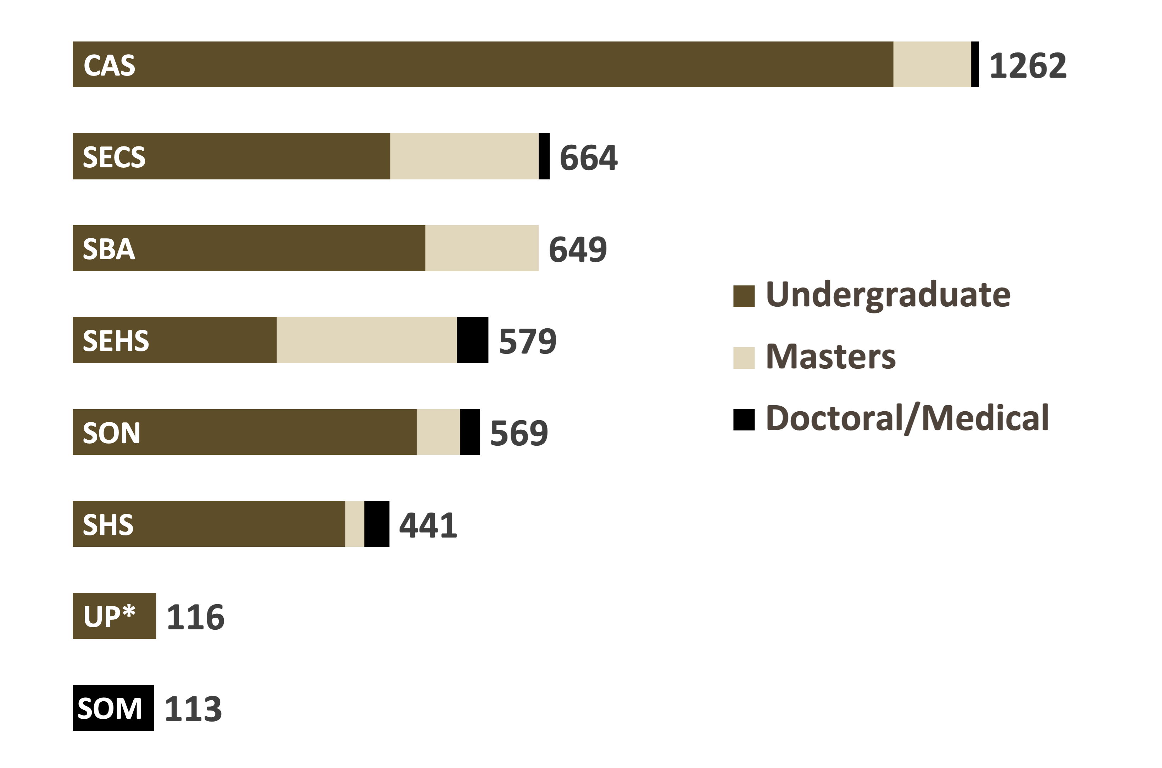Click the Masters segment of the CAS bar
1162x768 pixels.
point(932,64)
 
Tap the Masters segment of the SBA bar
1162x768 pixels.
point(482,248)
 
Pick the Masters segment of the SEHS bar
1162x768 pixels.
point(366,340)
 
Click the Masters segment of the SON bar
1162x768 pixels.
point(438,432)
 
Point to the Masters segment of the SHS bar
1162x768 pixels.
point(355,524)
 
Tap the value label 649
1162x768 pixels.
point(578,249)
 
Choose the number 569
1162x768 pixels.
point(519,433)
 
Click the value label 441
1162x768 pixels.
point(428,525)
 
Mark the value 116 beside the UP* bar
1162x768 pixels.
point(196,617)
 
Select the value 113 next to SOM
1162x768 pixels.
point(193,708)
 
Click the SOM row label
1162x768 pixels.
point(110,708)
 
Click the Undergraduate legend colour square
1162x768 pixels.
point(744,296)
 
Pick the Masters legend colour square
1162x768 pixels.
point(744,357)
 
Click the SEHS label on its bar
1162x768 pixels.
point(116,340)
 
